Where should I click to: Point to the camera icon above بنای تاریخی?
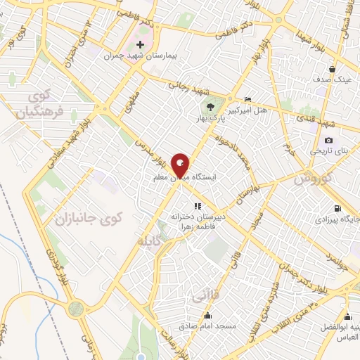pyautogui.click(x=328, y=141)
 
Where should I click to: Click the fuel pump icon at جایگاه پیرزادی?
pyautogui.click(x=338, y=208)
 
